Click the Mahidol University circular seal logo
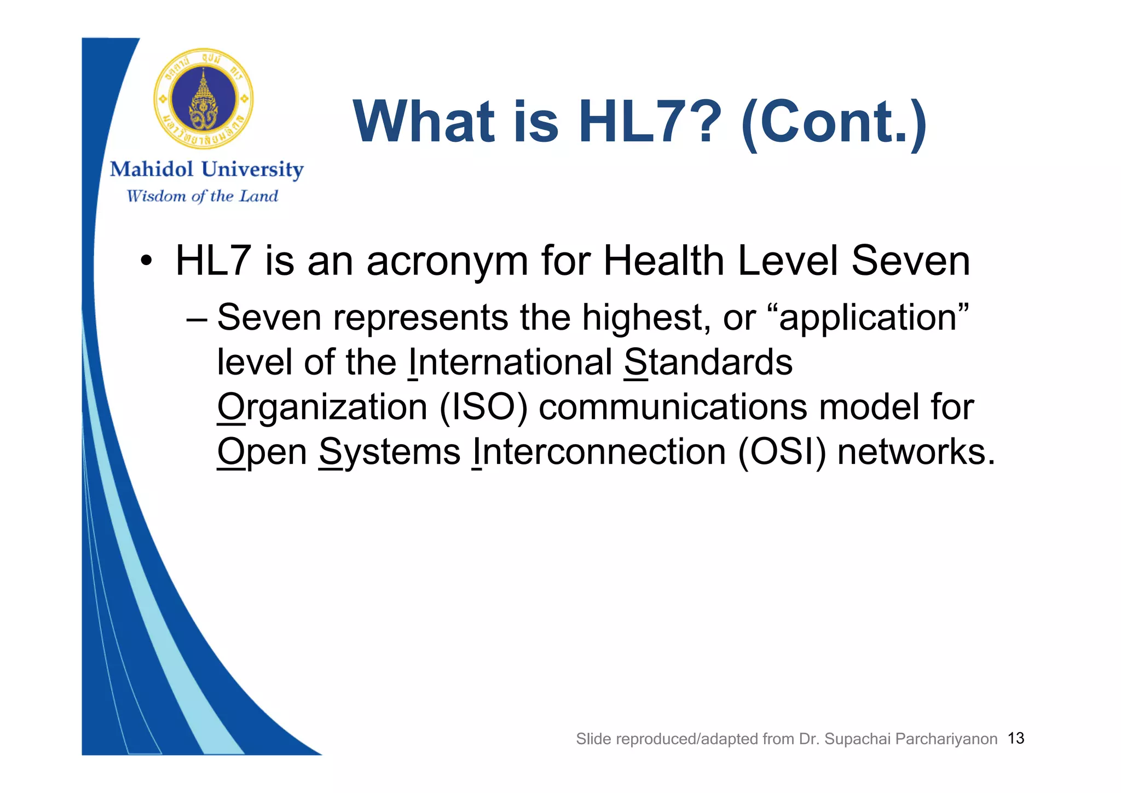click(x=203, y=99)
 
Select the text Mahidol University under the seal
click(x=206, y=169)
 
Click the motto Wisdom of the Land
click(x=202, y=196)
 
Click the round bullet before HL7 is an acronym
click(x=145, y=261)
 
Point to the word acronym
click(x=447, y=261)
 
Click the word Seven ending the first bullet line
click(x=910, y=261)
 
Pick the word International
click(x=510, y=363)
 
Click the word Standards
click(x=708, y=363)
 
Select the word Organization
click(x=322, y=408)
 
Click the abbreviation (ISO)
click(x=483, y=407)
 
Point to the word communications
click(x=673, y=407)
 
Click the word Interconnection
click(x=599, y=452)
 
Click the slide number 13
click(x=1015, y=738)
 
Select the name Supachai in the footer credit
click(x=857, y=739)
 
